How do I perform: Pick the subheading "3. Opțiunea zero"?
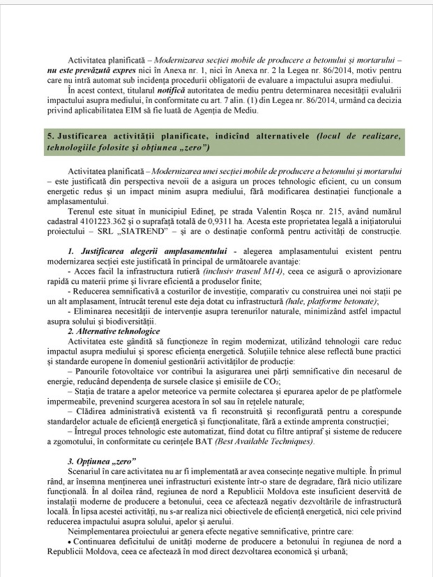tap(102, 462)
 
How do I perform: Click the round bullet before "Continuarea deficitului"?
tap(70, 544)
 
